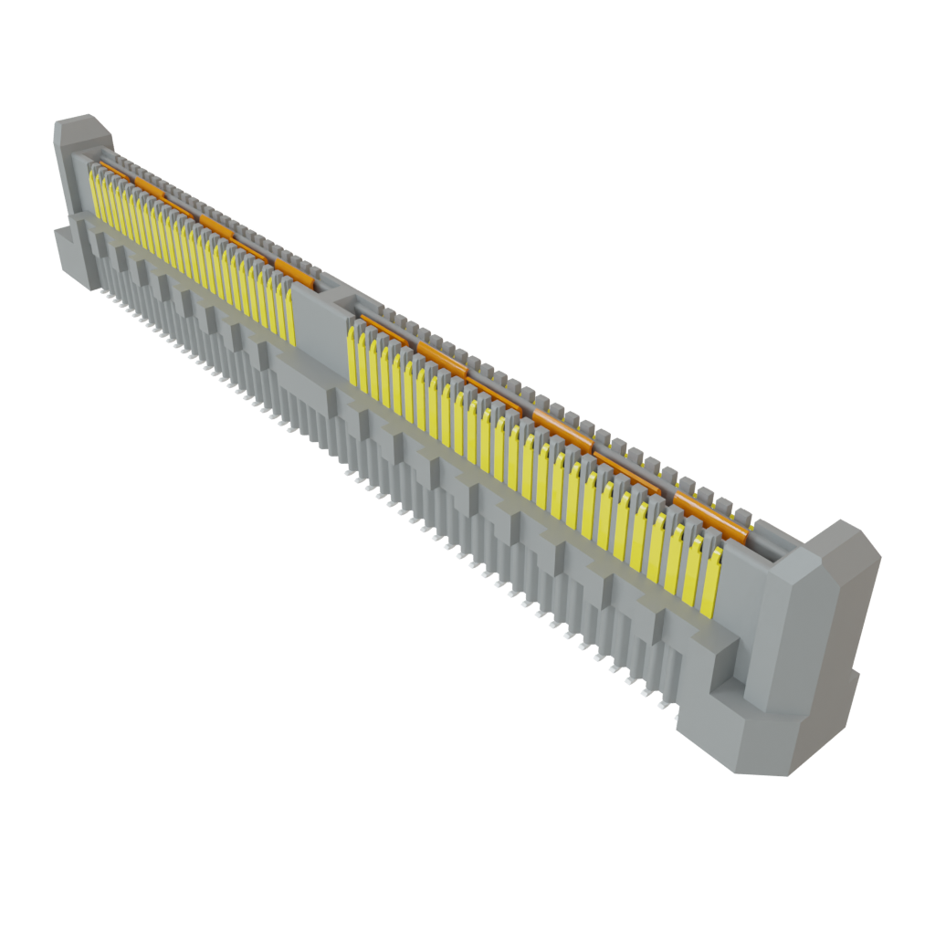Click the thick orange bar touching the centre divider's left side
[x=294, y=271]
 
